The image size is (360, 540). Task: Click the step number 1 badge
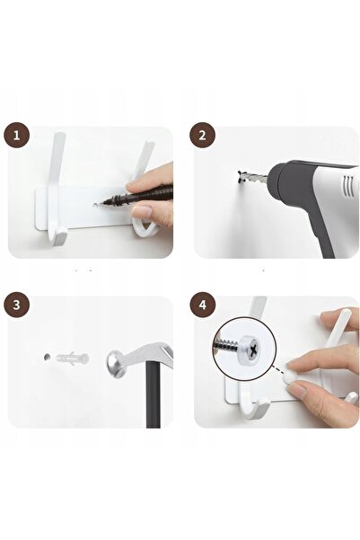(x=16, y=135)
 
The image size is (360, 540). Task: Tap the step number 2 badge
(x=202, y=135)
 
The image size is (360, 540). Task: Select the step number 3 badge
(x=16, y=305)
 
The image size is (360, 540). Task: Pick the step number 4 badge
(x=202, y=305)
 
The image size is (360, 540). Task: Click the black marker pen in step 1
(x=137, y=195)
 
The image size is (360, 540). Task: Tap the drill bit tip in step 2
(x=241, y=176)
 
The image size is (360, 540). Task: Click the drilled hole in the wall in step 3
(x=47, y=357)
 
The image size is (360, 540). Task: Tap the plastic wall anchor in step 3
(x=72, y=359)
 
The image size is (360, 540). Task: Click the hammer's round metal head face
(x=115, y=365)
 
